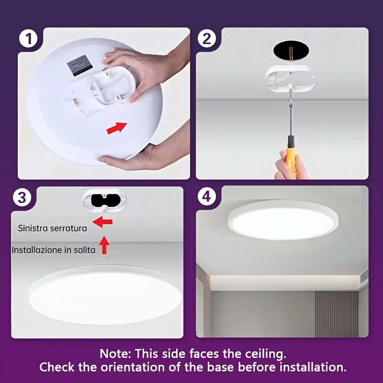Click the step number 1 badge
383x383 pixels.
click(x=29, y=38)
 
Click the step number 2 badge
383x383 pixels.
click(x=207, y=38)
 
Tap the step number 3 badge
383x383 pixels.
click(x=23, y=197)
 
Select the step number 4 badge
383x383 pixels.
click(x=206, y=197)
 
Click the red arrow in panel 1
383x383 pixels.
click(x=116, y=128)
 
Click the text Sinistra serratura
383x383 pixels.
click(x=53, y=228)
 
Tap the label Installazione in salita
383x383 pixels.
click(x=54, y=250)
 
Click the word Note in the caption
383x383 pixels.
click(x=115, y=354)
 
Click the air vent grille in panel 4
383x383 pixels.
click(x=364, y=275)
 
